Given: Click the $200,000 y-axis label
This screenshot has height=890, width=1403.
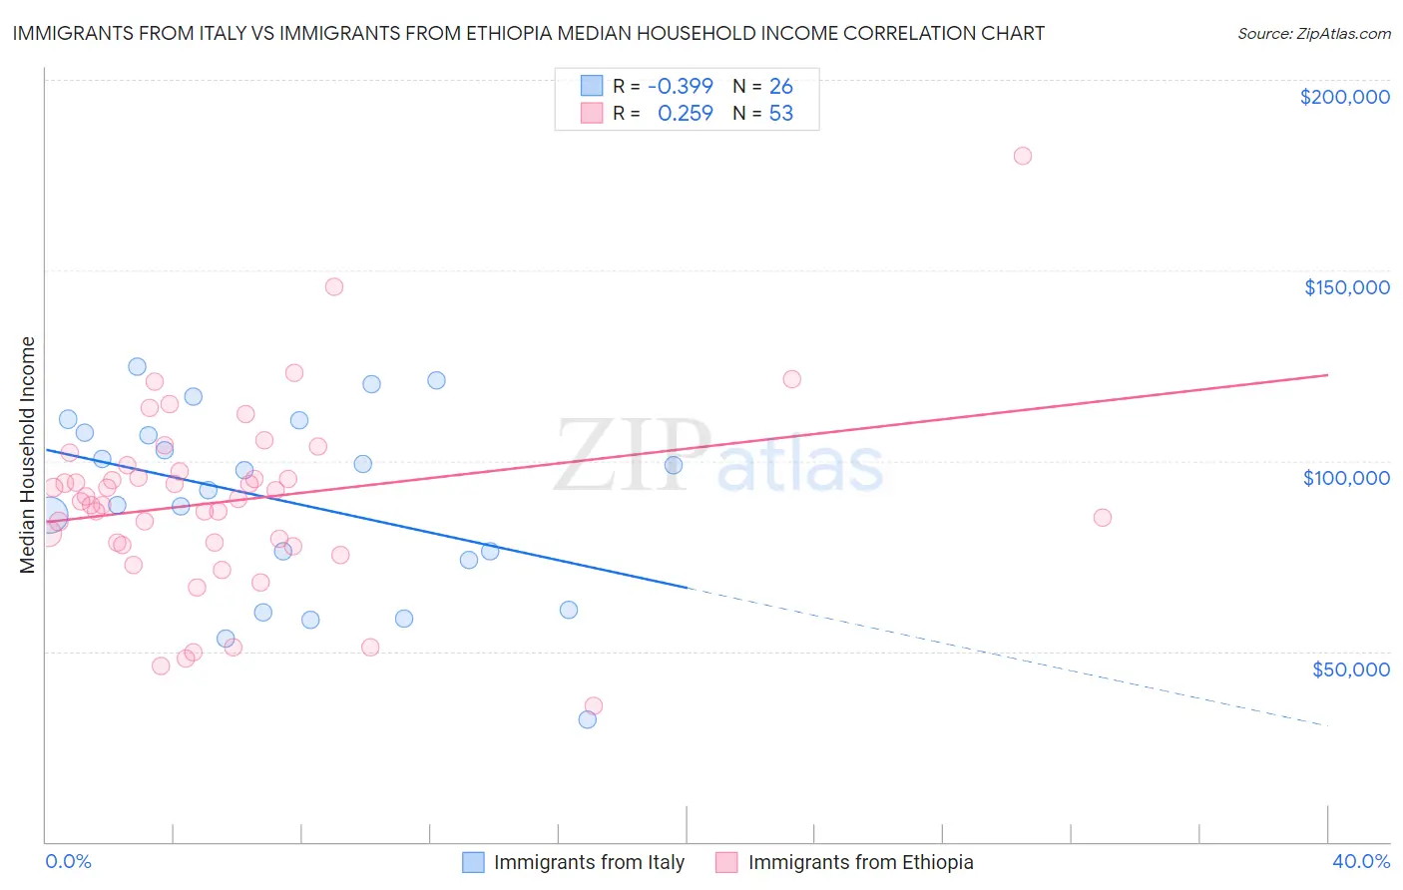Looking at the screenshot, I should click(1344, 97).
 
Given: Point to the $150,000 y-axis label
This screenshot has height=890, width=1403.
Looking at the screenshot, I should click(1346, 287).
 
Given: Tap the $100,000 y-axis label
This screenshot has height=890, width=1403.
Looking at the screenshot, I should click(1346, 478).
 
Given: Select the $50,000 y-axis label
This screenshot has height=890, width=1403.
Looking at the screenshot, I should click(1350, 668).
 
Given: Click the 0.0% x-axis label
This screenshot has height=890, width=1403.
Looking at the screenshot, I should click(68, 861).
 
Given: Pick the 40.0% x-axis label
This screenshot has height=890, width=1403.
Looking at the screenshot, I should click(1360, 861).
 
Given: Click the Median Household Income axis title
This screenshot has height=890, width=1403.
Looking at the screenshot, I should click(27, 455).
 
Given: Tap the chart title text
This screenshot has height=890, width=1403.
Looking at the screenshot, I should click(528, 33).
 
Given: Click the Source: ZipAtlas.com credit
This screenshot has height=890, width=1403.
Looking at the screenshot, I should click(1313, 33).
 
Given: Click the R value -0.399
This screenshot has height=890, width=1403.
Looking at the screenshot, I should click(680, 86).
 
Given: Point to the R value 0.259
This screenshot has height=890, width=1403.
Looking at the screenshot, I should click(685, 113).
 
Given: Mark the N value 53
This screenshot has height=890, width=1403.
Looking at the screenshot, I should click(780, 113).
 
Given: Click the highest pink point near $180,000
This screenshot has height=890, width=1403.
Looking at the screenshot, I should click(1022, 156).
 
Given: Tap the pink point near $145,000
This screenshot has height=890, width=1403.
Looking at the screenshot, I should click(334, 286).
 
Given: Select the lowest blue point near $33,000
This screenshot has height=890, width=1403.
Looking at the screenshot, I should click(588, 719).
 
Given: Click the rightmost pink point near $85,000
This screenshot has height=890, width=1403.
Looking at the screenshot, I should click(1103, 517).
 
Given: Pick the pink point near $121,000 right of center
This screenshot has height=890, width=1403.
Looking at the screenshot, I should click(792, 379).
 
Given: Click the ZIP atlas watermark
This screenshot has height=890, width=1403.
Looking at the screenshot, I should click(718, 456).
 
